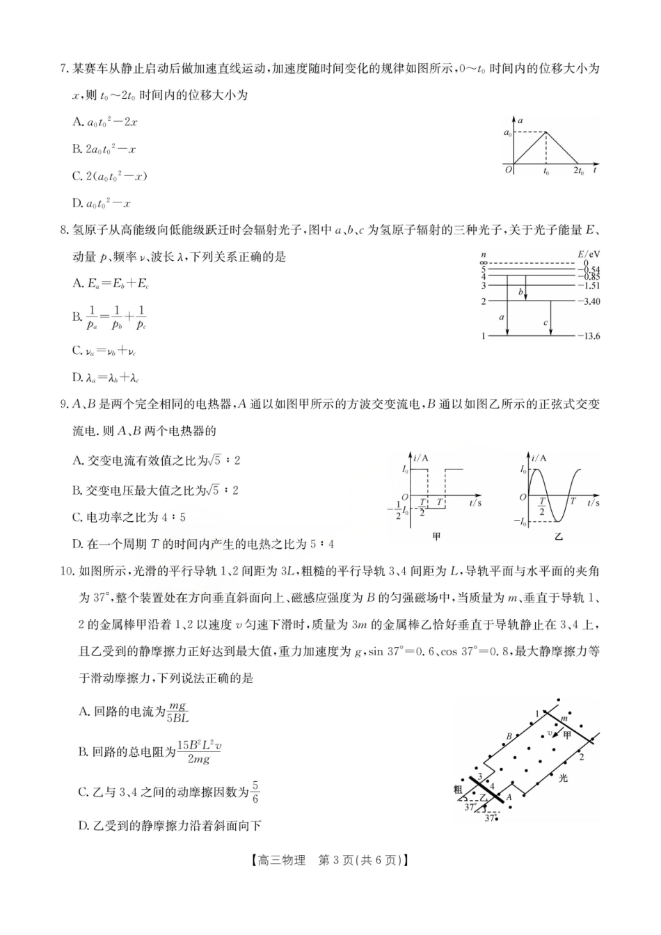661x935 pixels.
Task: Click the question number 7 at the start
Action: coord(63,68)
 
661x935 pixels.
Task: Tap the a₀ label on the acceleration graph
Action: coord(507,132)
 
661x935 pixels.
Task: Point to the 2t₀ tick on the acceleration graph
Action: coord(578,172)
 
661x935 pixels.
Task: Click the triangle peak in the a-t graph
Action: coord(546,132)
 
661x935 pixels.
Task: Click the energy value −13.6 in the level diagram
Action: coord(588,336)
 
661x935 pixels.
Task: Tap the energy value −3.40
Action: coord(588,301)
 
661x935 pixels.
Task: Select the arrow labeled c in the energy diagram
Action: coord(551,319)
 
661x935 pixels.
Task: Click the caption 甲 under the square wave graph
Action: coord(437,536)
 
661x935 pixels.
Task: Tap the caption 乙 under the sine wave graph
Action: coord(558,536)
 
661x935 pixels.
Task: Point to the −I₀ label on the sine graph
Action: coord(520,521)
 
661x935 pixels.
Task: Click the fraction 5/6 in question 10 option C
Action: coord(255,792)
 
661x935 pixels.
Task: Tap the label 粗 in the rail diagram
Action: coord(457,789)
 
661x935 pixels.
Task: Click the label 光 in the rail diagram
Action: coord(563,778)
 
